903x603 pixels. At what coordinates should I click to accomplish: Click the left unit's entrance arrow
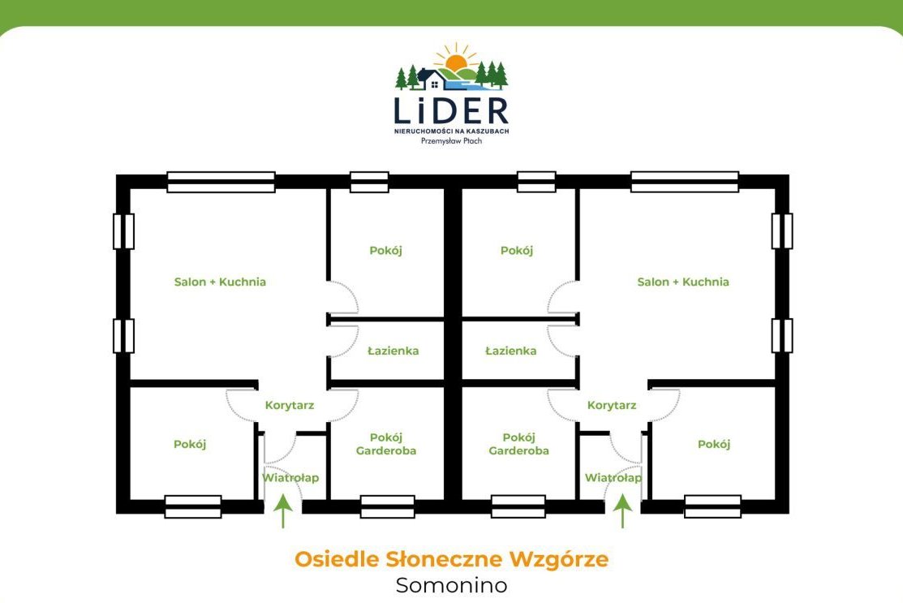click(283, 510)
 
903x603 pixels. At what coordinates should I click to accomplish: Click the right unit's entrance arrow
click(622, 510)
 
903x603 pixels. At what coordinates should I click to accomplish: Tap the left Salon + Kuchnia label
click(220, 282)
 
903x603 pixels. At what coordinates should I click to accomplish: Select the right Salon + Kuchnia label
click(683, 282)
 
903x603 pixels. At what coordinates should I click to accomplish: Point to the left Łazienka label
click(393, 351)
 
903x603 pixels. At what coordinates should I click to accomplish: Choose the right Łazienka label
click(511, 351)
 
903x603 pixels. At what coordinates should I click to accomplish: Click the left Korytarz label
click(290, 406)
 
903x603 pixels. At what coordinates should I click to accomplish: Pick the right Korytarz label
click(612, 406)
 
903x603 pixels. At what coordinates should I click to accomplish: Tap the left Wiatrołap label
click(290, 478)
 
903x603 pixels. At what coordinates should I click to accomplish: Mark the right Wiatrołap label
click(613, 478)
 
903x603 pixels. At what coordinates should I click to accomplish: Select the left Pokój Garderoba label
click(386, 444)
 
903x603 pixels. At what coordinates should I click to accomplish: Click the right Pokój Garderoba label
click(519, 444)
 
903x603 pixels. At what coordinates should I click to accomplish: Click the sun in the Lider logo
click(457, 61)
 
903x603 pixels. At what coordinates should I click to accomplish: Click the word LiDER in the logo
click(451, 110)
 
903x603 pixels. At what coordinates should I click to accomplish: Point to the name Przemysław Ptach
click(451, 141)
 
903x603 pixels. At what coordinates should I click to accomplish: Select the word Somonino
click(451, 585)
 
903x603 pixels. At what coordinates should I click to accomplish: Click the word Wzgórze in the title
click(559, 559)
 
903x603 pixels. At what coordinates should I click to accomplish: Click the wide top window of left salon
click(221, 182)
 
